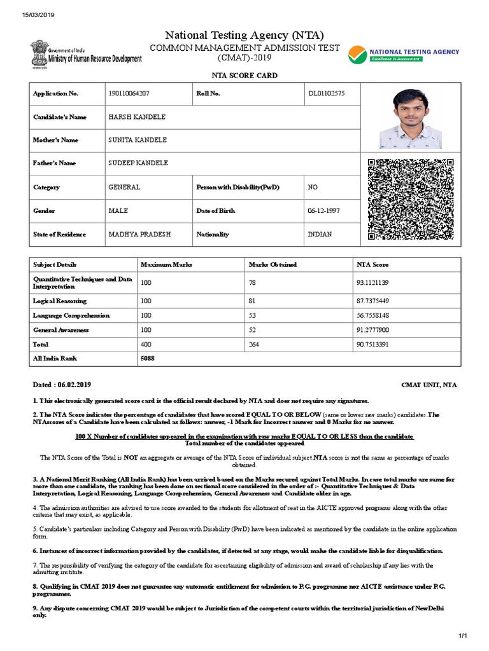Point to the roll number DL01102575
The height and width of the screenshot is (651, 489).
[x=327, y=93]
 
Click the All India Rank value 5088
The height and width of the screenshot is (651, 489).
[x=148, y=359]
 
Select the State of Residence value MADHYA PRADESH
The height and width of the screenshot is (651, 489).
[x=139, y=234]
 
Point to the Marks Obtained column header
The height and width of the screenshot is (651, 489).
[x=273, y=264]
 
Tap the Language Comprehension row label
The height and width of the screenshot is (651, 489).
[x=71, y=315]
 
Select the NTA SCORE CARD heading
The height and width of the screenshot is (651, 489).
[x=244, y=76]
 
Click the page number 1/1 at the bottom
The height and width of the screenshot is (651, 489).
[x=463, y=636]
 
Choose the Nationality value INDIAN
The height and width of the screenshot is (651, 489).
[x=320, y=234]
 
